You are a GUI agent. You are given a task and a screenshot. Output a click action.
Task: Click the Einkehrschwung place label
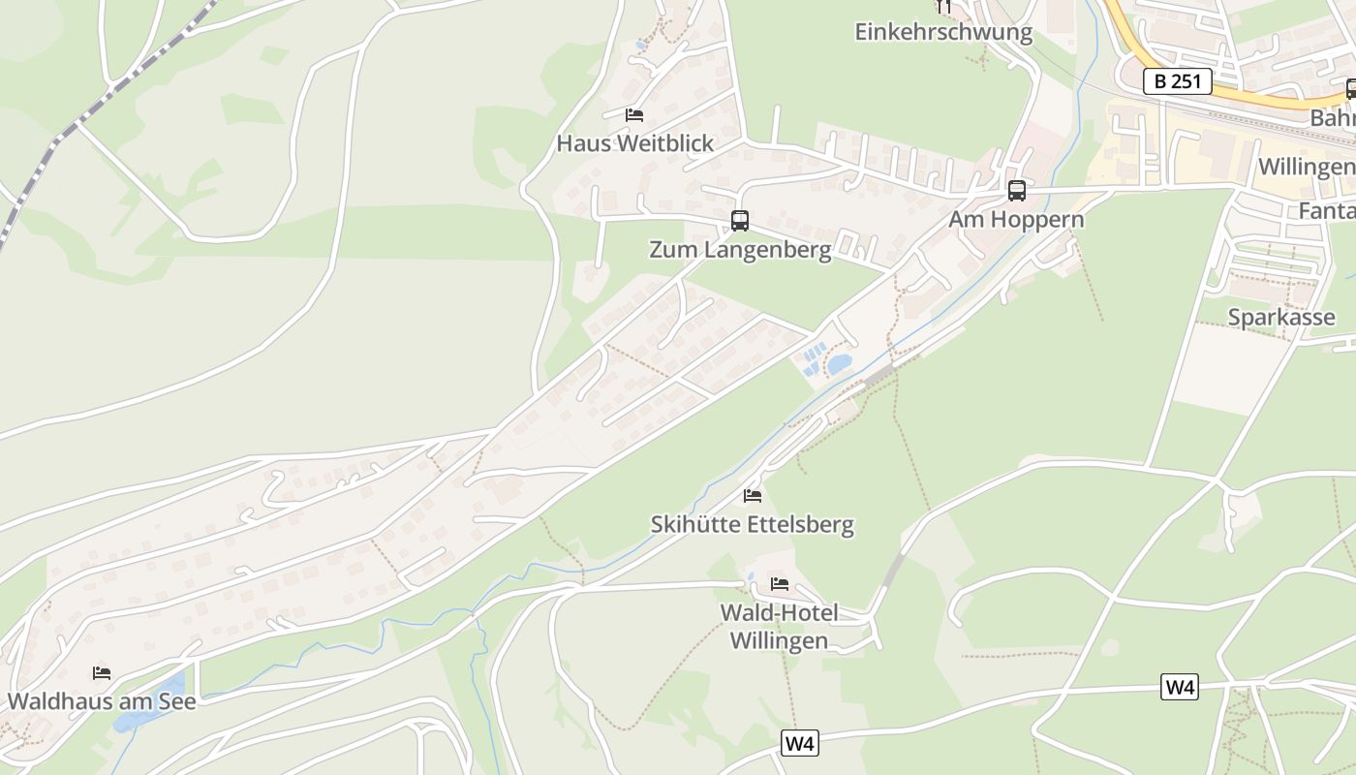tap(943, 32)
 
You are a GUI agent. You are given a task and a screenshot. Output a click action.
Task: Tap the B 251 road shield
tap(1178, 81)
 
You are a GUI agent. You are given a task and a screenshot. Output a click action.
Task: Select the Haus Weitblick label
tap(634, 143)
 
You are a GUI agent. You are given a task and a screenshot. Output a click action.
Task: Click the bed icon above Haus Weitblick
tap(634, 114)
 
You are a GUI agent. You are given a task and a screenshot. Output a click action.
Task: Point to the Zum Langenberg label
tap(740, 250)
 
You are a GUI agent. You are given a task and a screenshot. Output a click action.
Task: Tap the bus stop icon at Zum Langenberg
tap(740, 221)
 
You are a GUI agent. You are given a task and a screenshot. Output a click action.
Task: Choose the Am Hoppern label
tap(1016, 220)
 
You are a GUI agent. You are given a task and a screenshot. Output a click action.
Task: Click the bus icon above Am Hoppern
tap(1016, 191)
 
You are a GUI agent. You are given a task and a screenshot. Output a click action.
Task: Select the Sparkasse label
tap(1281, 317)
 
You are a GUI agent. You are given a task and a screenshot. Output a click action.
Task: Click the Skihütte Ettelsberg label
tap(752, 525)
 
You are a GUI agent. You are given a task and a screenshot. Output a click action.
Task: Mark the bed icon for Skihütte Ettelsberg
tap(752, 496)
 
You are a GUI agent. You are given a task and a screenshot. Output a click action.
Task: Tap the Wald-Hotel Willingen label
tap(779, 627)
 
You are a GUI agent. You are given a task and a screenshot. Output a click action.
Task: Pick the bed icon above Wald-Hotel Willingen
tap(779, 583)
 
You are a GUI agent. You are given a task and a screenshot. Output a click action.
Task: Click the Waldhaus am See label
tap(102, 701)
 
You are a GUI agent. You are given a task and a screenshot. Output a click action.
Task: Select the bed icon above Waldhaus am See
tap(102, 672)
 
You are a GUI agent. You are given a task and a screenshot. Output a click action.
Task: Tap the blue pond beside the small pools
tap(839, 364)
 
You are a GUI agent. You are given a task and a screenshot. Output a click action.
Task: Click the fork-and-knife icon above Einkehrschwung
tap(944, 7)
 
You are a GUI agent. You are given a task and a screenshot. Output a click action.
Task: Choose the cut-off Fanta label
tap(1327, 210)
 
